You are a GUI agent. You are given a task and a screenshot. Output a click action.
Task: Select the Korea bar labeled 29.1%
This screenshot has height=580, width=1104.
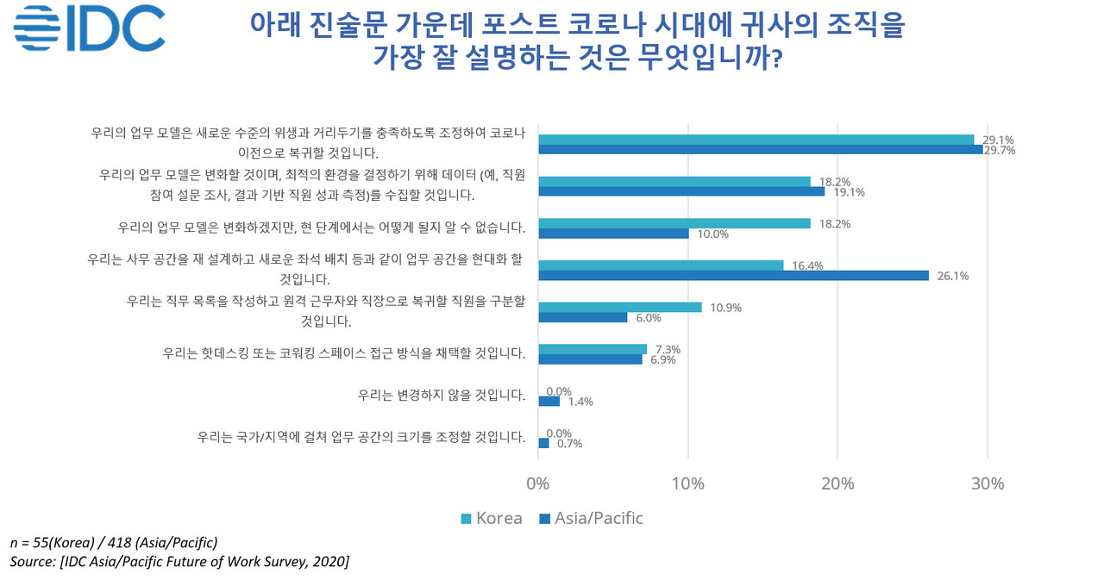click(756, 140)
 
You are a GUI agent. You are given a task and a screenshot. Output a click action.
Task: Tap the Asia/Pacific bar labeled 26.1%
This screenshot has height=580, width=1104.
click(733, 276)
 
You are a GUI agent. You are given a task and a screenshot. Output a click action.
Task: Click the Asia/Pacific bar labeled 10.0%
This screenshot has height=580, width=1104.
click(613, 234)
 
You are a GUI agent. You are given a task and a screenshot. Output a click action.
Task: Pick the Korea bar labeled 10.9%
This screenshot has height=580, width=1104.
click(620, 308)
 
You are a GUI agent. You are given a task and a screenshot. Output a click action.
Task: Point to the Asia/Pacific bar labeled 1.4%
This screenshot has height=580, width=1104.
click(549, 402)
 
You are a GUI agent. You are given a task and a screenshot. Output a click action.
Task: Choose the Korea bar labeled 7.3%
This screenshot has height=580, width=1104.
click(593, 349)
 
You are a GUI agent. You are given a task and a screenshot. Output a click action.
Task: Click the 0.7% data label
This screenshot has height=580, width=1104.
click(568, 444)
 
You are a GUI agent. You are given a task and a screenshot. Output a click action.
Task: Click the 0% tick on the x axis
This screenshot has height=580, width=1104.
click(538, 483)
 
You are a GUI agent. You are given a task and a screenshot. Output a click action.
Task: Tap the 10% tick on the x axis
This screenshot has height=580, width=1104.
click(687, 483)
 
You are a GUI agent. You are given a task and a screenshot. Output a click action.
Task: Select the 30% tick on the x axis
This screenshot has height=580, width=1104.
click(987, 483)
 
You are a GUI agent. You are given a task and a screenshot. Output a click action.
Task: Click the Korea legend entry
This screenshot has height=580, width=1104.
click(492, 518)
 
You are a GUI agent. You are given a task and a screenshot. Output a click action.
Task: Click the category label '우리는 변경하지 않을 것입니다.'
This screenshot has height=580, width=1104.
click(442, 396)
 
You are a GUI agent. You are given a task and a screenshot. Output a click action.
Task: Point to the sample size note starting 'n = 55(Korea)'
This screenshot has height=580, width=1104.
click(113, 543)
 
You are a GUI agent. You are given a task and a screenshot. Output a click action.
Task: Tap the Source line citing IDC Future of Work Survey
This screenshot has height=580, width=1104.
click(179, 562)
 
